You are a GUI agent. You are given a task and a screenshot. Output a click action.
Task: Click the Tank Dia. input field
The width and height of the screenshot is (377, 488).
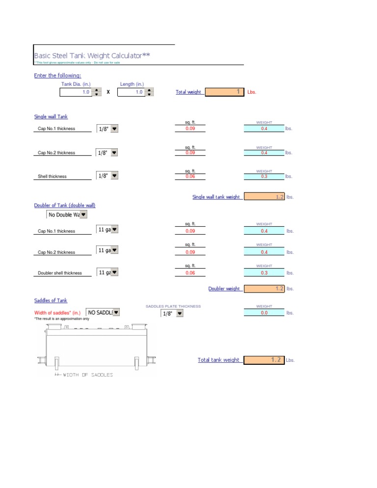click(76, 92)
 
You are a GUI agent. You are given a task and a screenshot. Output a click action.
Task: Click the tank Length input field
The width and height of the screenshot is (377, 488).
click(131, 92)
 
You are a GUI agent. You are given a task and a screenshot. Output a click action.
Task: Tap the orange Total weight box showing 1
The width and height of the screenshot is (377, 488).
click(224, 92)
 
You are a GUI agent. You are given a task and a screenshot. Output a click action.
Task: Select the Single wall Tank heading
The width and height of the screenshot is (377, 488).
click(51, 117)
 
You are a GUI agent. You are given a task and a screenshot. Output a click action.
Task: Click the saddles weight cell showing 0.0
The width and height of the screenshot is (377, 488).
click(264, 312)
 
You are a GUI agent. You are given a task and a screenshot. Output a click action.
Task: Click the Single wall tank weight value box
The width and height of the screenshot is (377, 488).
click(264, 197)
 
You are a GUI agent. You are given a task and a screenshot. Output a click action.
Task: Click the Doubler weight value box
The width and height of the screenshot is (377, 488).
click(264, 289)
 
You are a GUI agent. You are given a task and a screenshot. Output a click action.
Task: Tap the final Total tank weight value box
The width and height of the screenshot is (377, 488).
click(264, 360)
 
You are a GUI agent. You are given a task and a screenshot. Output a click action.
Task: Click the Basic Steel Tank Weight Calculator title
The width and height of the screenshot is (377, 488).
click(92, 55)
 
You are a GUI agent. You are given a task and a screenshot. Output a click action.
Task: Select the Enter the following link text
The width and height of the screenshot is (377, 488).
click(57, 76)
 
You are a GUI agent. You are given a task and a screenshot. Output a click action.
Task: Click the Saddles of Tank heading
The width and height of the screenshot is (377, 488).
click(51, 300)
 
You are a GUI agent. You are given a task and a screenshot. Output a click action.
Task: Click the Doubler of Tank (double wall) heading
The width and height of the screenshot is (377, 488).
click(65, 205)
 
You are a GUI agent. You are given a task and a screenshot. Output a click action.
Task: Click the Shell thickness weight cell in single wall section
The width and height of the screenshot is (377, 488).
click(264, 176)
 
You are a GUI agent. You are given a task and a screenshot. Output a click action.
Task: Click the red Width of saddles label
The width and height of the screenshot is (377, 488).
click(57, 313)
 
